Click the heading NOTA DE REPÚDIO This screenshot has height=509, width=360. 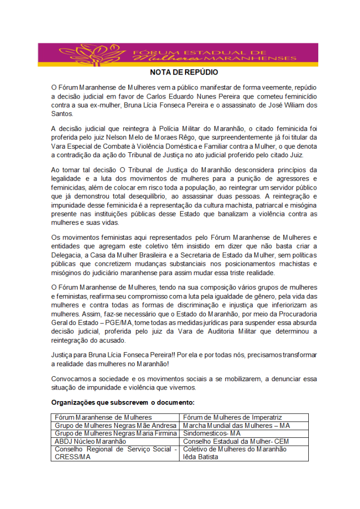point(184,72)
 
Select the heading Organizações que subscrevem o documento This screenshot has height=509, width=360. point(123,402)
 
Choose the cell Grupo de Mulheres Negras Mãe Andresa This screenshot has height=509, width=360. point(115,425)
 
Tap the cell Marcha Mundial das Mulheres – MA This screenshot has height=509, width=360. point(236,425)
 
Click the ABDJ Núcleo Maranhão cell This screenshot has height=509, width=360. point(90,441)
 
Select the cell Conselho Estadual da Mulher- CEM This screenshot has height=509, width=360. point(236,441)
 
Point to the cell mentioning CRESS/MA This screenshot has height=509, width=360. point(73,457)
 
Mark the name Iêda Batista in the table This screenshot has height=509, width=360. point(200,457)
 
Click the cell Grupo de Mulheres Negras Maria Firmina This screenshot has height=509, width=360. point(115,433)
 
